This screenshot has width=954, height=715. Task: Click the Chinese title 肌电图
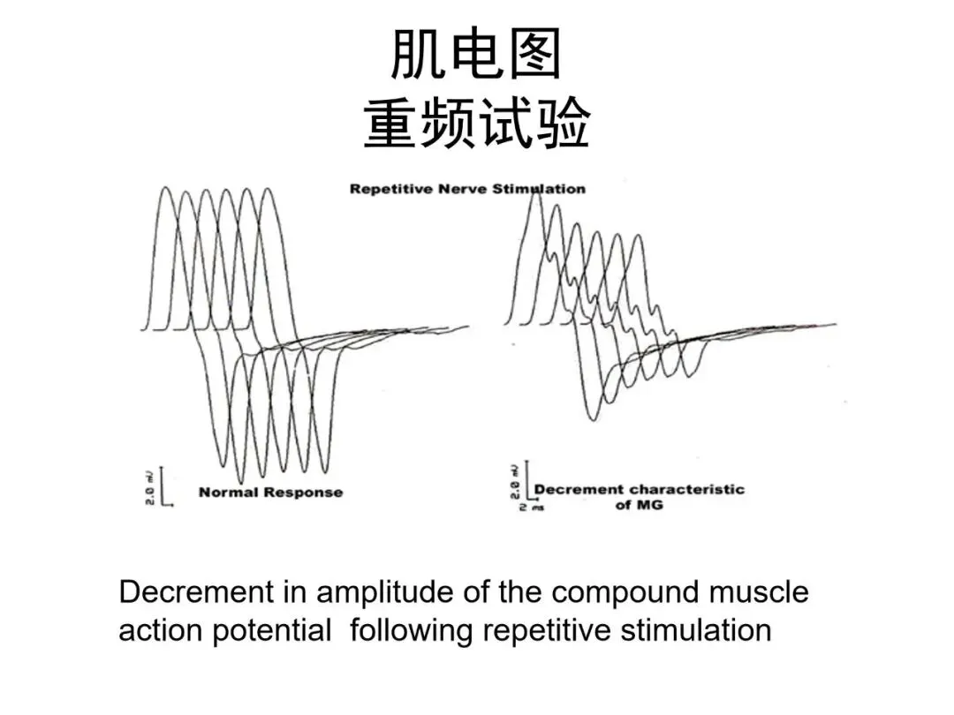point(476,56)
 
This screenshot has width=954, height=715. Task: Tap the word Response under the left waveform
point(303,493)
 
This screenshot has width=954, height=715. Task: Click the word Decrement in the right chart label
point(579,489)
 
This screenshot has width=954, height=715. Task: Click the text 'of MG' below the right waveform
point(639,505)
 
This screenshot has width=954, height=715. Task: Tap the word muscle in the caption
point(761,591)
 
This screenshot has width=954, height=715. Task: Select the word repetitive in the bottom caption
point(547,631)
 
